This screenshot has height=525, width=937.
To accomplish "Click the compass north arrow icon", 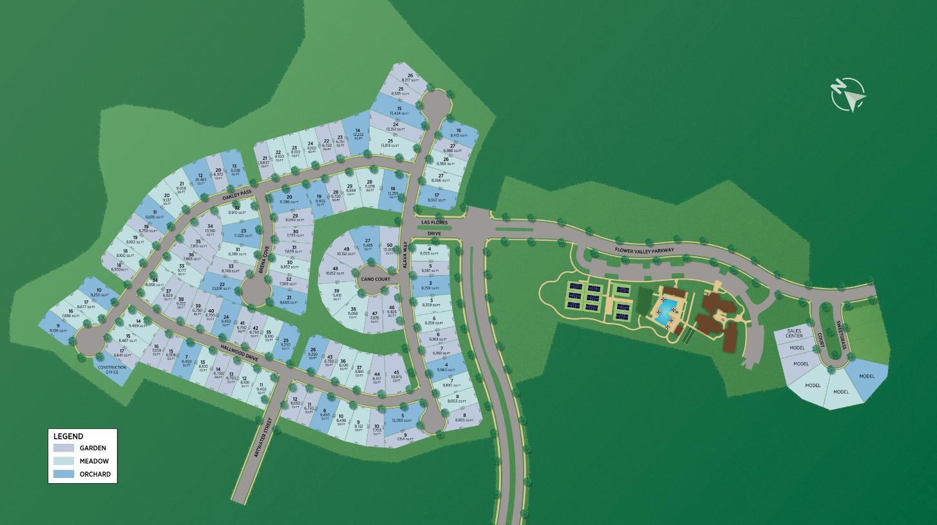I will [x=847, y=94].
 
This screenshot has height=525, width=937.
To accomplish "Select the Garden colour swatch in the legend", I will [x=64, y=448].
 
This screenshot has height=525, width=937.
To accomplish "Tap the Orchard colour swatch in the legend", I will [x=64, y=474].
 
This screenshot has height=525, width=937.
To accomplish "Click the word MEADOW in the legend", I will [x=94, y=461].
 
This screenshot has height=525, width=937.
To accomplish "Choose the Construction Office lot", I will [x=113, y=370].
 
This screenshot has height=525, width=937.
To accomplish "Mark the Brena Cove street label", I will [x=263, y=261].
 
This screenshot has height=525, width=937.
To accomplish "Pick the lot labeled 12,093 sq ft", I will [x=403, y=419].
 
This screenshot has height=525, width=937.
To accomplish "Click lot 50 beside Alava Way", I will [x=390, y=248].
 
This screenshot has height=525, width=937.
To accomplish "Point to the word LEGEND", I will [x=68, y=436].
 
